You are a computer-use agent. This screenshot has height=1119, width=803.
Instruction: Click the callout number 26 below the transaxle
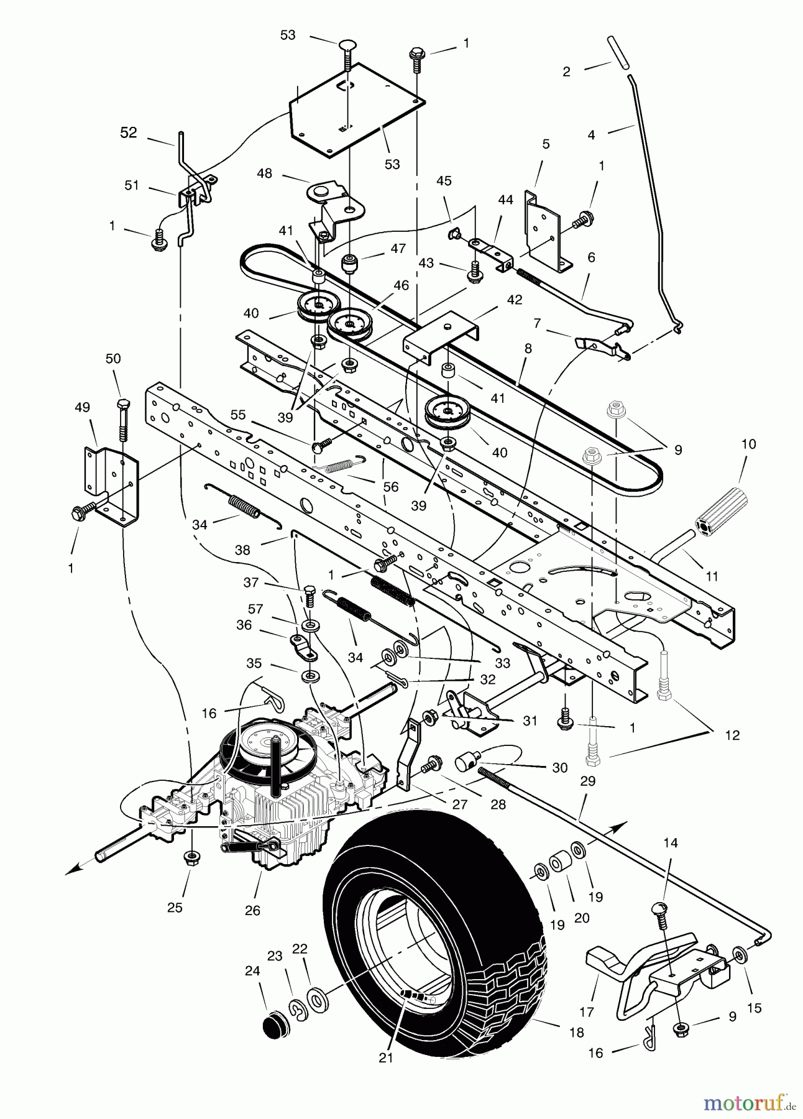tap(252, 910)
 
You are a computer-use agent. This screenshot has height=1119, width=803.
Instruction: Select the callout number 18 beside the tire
tap(576, 1033)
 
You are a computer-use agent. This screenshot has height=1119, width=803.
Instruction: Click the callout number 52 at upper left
tap(128, 133)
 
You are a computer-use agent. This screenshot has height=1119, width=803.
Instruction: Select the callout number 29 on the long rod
tap(587, 781)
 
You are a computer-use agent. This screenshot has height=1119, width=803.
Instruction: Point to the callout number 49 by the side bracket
tap(82, 408)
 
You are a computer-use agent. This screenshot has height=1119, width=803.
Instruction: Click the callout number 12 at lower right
tap(732, 735)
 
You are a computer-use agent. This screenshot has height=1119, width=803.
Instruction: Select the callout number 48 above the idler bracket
tap(264, 173)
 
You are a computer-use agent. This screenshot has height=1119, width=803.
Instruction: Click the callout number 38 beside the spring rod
tap(242, 550)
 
